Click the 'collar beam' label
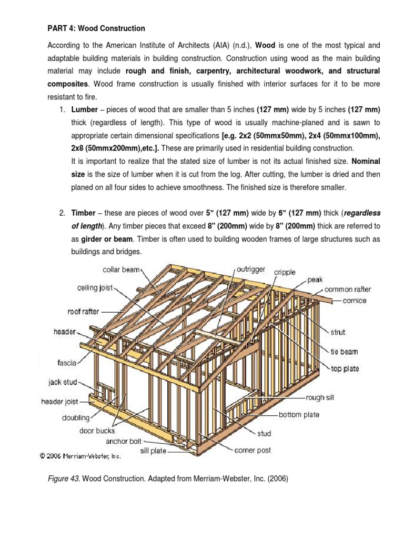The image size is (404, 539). click(x=120, y=269)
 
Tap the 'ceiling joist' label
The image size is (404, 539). click(x=95, y=288)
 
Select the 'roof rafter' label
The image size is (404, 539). click(x=83, y=311)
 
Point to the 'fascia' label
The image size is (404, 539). click(x=67, y=362)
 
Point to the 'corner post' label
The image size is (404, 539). click(x=252, y=451)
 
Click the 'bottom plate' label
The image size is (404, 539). click(x=299, y=415)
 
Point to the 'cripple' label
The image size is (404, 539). click(x=285, y=272)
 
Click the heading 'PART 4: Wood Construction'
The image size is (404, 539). click(x=96, y=28)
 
